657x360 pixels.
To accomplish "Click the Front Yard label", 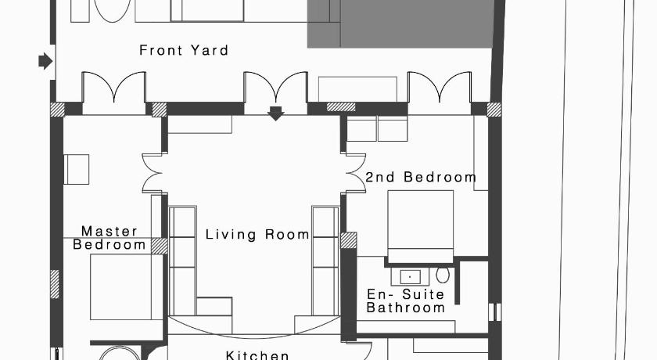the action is (x=184, y=50).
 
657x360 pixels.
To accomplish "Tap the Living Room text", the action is (x=257, y=234).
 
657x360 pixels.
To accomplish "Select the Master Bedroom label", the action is (x=109, y=238).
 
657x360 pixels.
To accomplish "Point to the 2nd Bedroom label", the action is (x=421, y=177).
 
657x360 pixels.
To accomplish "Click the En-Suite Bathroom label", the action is (x=405, y=301).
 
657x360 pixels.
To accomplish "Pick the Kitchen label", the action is (x=257, y=355).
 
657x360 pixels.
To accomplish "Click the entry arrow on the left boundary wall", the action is (x=45, y=61).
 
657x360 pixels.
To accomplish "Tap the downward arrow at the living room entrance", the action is (x=275, y=113).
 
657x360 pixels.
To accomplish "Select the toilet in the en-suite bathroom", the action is (x=443, y=275).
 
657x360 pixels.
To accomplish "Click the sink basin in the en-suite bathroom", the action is (x=410, y=276).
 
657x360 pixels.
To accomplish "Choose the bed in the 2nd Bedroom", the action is (x=420, y=227).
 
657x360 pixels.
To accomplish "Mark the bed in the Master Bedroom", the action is (x=127, y=286).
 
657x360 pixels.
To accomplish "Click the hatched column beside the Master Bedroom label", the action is (x=160, y=246).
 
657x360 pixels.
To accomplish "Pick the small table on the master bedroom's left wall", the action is (x=77, y=169).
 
